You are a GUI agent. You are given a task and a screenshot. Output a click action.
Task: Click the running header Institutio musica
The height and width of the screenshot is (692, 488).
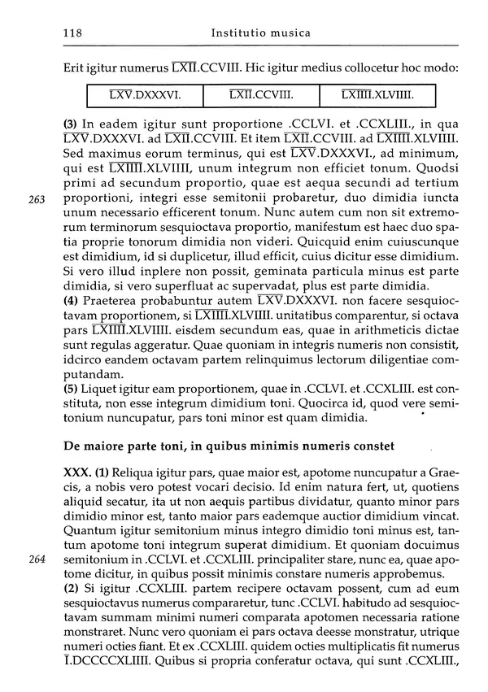259,33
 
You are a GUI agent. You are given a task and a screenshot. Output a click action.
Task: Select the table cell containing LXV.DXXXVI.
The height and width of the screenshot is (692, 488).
144,96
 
